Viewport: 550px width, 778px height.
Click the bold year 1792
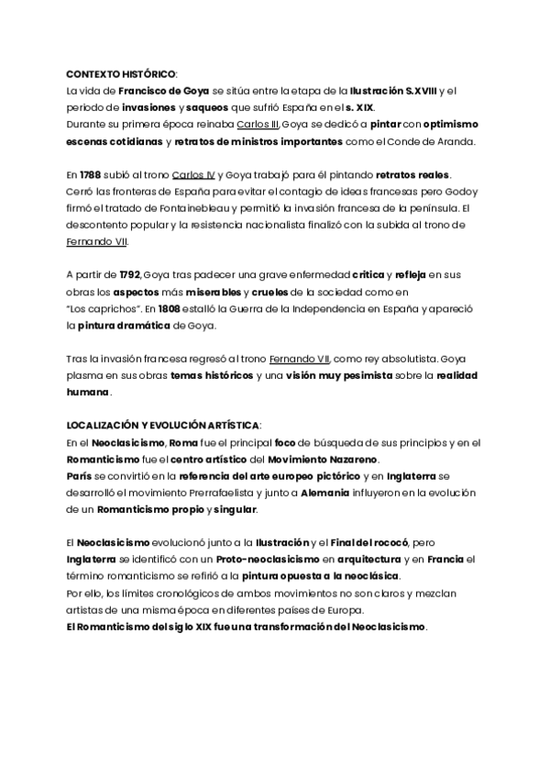(130, 274)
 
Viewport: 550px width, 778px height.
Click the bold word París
(79, 476)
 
